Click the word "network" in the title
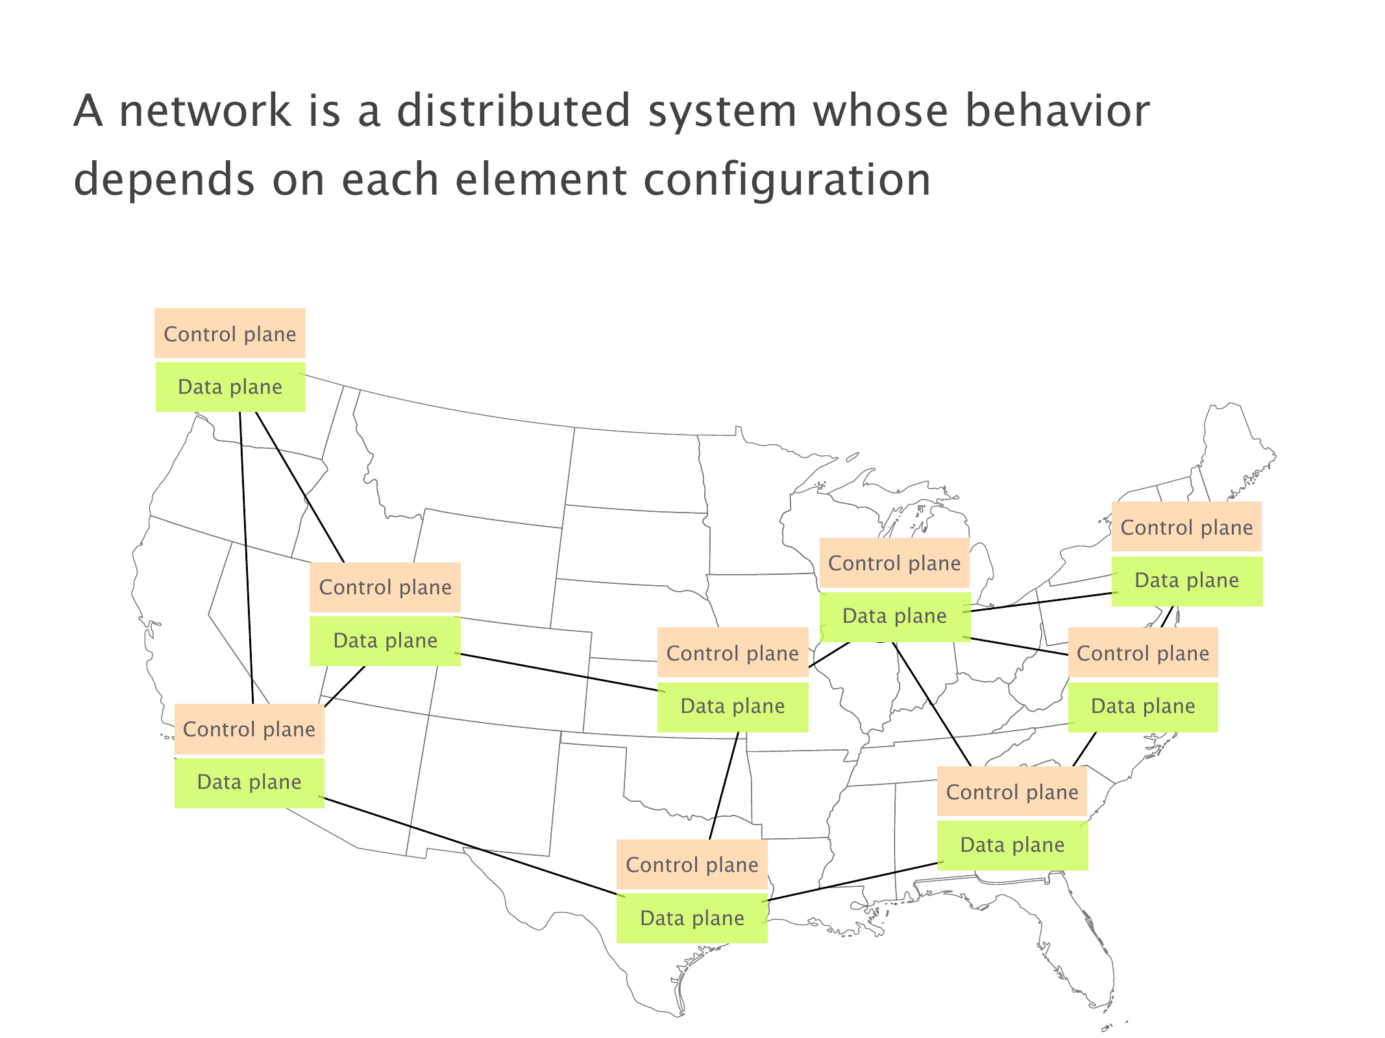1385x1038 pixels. click(x=206, y=110)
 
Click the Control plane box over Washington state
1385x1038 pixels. click(x=230, y=333)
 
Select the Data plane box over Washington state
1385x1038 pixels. click(x=230, y=387)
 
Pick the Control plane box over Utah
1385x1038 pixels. click(x=385, y=587)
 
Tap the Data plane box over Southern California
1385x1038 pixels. click(x=249, y=782)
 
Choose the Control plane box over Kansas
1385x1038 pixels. click(x=733, y=653)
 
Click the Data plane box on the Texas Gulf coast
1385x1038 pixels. click(x=692, y=918)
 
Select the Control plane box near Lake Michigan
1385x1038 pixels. click(x=894, y=562)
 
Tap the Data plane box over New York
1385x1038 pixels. click(x=1187, y=581)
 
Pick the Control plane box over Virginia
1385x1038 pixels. click(x=1143, y=653)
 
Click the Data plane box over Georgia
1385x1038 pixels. click(x=1012, y=845)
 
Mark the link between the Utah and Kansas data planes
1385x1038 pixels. click(x=559, y=672)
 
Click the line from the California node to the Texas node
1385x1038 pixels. click(x=471, y=846)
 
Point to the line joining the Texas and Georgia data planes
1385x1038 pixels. click(x=853, y=882)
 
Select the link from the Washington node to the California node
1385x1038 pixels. click(x=246, y=558)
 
